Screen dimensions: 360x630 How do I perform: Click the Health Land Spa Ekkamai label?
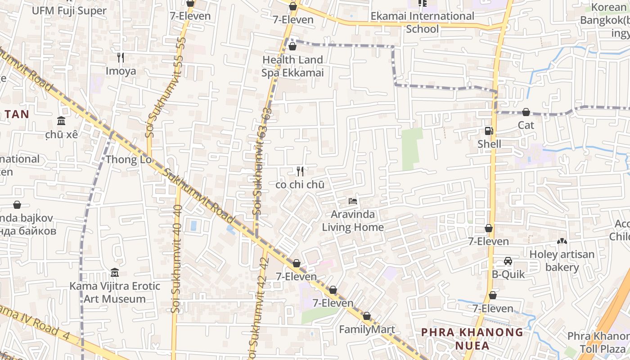pyautogui.click(x=293, y=66)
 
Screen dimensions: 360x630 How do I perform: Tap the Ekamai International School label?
pyautogui.click(x=422, y=22)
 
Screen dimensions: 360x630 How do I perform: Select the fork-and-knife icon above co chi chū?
pyautogui.click(x=300, y=171)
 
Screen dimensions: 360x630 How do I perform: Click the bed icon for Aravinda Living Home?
pyautogui.click(x=353, y=201)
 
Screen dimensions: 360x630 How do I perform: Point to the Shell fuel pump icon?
pyautogui.click(x=489, y=131)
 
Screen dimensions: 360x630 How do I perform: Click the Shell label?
pyautogui.click(x=489, y=144)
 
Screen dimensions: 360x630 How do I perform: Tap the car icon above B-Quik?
pyautogui.click(x=508, y=261)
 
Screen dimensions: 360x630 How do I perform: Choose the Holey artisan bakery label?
pyautogui.click(x=562, y=261)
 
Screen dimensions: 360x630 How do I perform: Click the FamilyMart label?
pyautogui.click(x=367, y=329)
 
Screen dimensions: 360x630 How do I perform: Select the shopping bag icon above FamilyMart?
pyautogui.click(x=367, y=316)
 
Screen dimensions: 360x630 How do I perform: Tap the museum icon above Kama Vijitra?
pyautogui.click(x=114, y=273)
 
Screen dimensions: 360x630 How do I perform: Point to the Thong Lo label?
pyautogui.click(x=128, y=160)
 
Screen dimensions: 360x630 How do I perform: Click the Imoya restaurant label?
pyautogui.click(x=121, y=71)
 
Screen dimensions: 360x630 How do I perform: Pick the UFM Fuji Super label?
pyautogui.click(x=69, y=10)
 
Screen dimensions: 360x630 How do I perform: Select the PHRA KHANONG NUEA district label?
pyautogui.click(x=472, y=339)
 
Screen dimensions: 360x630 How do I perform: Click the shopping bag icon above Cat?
pyautogui.click(x=526, y=112)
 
